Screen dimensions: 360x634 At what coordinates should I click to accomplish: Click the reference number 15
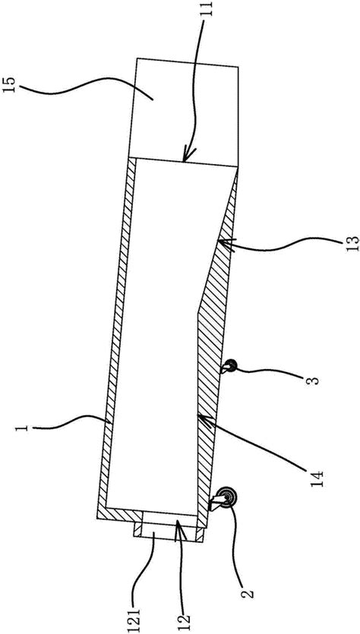[8, 86]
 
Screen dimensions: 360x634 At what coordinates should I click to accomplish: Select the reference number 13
[352, 244]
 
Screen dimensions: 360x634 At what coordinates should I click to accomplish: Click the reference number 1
[24, 427]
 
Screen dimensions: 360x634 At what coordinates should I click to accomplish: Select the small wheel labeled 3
[232, 366]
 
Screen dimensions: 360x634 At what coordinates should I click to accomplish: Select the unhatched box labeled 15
[185, 112]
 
